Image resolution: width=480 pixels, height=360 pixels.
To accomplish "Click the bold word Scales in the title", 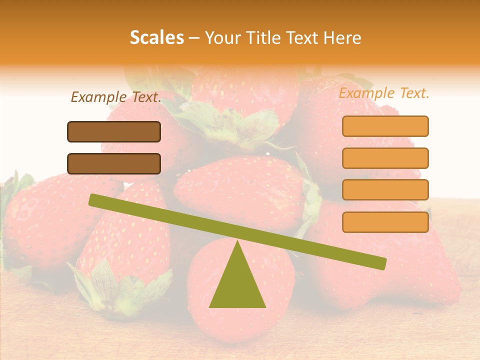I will [157, 37].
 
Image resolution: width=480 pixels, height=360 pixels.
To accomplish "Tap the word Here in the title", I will [342, 37].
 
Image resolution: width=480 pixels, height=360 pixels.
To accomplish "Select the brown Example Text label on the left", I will [116, 97].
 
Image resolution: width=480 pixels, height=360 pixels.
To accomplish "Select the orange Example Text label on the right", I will [384, 93].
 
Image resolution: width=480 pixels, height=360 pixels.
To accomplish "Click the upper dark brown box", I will [114, 131].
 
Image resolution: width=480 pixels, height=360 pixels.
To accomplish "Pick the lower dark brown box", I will [114, 163].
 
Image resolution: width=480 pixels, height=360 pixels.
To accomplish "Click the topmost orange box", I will [385, 126].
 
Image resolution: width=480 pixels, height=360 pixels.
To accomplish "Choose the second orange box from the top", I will [385, 158].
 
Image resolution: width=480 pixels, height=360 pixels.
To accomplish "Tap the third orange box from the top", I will [385, 189].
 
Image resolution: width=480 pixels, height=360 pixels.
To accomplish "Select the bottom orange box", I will [385, 222].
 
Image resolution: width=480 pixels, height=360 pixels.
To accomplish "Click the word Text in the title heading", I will [304, 37].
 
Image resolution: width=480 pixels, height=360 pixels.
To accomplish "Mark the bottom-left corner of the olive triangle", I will [210, 306].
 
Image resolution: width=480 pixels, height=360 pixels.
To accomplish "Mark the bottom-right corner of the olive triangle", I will [265, 306].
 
